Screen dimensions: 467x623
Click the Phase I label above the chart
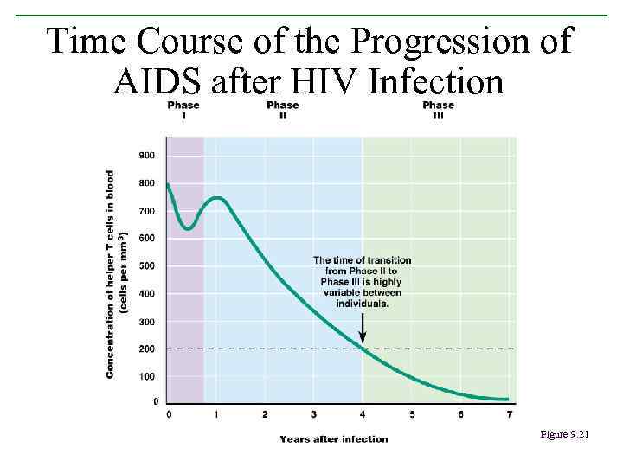coord(183,111)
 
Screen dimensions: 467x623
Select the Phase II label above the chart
coord(282,111)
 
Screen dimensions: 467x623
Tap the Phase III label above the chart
coord(438,111)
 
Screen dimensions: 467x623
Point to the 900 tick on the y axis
coord(148,156)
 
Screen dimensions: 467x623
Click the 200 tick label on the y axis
coord(148,349)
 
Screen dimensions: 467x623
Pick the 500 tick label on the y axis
coord(148,265)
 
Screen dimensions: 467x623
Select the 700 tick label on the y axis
coord(148,211)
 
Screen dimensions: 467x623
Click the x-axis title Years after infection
coord(333,438)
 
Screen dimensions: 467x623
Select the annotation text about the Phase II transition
coord(362,282)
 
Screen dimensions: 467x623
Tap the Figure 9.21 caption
coord(563,434)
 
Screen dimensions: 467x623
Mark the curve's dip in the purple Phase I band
coord(188,229)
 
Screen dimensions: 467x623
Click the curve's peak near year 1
coord(217,198)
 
